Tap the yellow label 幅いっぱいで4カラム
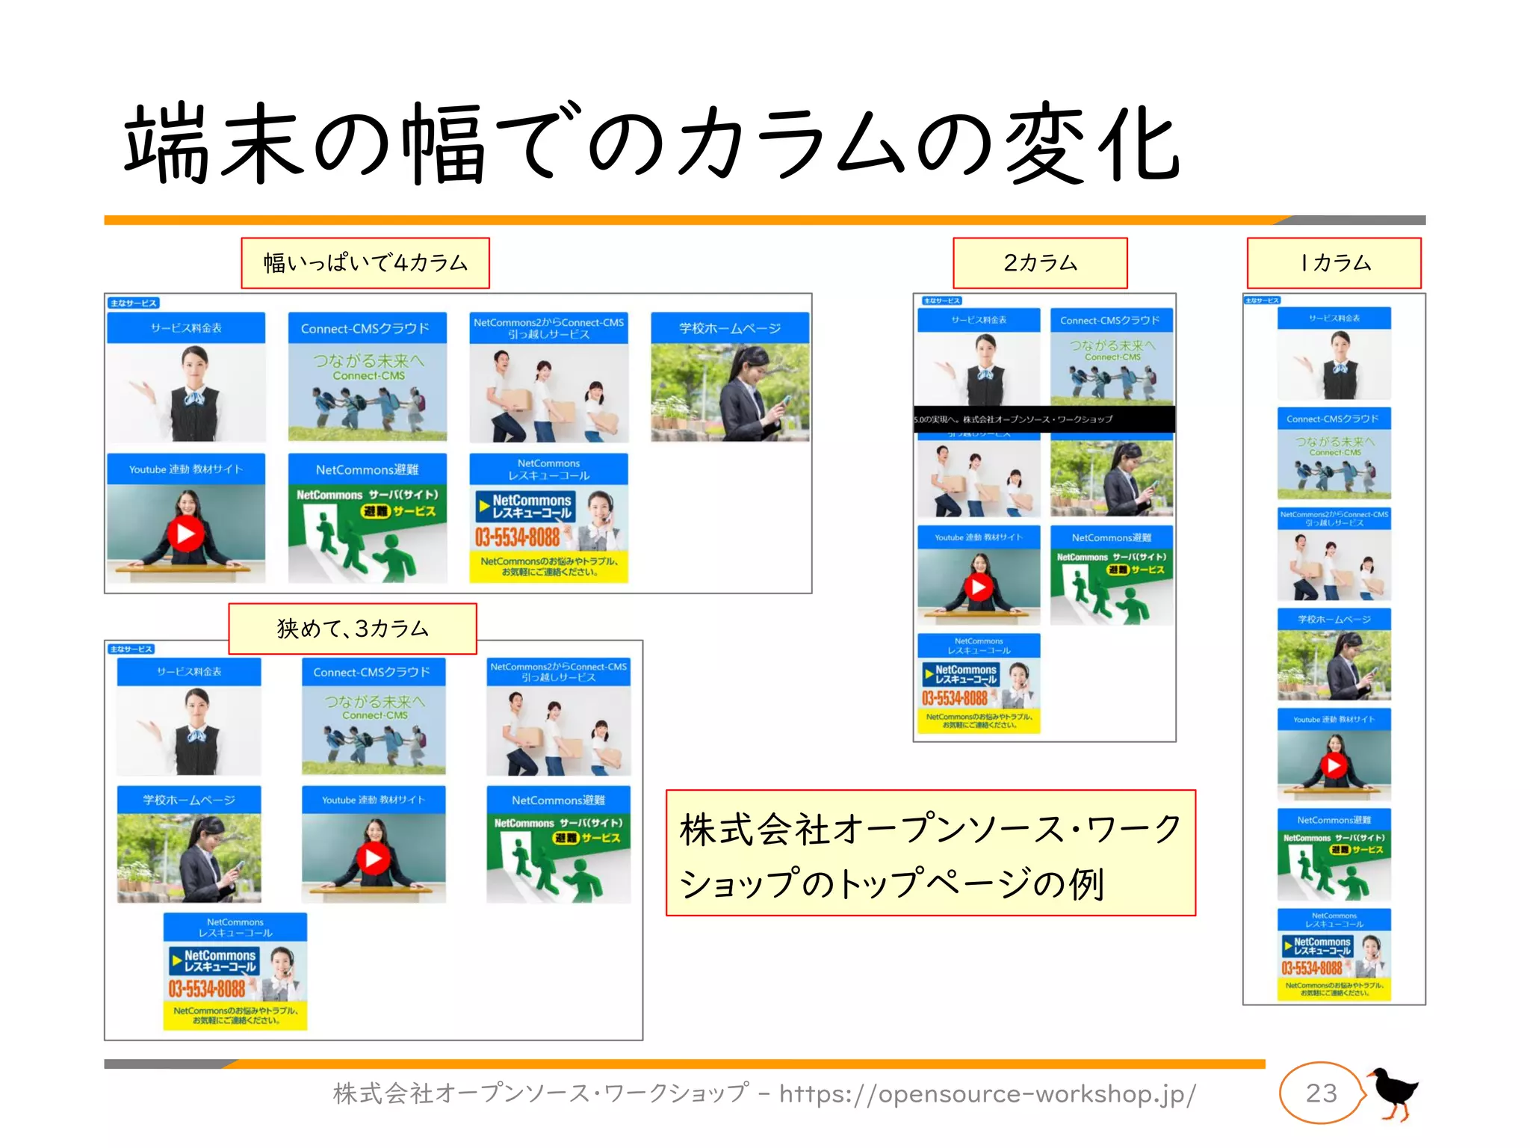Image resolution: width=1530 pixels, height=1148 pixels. [365, 263]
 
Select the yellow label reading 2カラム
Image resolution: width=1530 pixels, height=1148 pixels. [1040, 263]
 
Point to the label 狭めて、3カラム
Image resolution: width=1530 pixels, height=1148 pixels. [353, 629]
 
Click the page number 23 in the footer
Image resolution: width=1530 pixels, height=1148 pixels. [1321, 1093]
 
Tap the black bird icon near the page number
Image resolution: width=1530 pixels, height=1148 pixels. [1393, 1093]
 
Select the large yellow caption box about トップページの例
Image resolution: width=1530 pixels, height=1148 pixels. [930, 853]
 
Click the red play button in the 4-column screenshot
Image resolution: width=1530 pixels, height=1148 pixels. [186, 534]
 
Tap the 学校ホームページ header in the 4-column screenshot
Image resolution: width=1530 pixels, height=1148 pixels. [730, 328]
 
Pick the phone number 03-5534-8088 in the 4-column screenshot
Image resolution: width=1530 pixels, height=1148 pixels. [518, 537]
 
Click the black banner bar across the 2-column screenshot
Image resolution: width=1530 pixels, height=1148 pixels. [1044, 419]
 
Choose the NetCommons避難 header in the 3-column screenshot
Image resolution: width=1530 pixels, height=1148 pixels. [558, 800]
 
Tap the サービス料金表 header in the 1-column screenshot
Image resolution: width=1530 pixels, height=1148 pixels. [1334, 318]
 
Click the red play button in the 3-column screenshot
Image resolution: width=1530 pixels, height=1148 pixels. [374, 858]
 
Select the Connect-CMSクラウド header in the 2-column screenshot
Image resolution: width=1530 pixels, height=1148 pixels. [1111, 321]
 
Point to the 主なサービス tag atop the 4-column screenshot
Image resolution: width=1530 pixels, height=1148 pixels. [134, 303]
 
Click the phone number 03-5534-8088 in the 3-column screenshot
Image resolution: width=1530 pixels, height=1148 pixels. [207, 989]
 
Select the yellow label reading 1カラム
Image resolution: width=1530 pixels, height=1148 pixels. [1334, 263]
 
